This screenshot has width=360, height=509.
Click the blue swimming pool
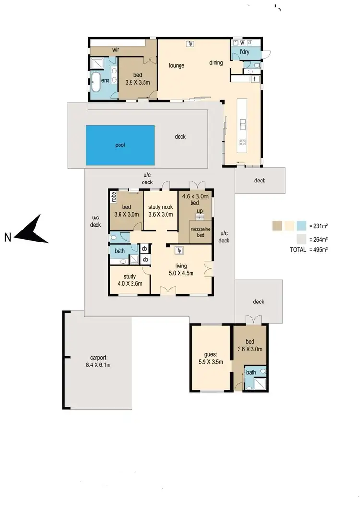click(x=120, y=145)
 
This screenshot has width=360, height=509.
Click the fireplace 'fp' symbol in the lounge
click(x=190, y=44)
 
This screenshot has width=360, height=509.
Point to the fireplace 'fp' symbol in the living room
click(x=179, y=250)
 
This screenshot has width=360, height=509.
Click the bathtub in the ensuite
click(x=96, y=82)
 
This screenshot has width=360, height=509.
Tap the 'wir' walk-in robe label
click(x=116, y=49)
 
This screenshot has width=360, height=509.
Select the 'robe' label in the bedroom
click(x=114, y=196)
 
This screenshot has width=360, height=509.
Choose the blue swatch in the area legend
click(x=301, y=225)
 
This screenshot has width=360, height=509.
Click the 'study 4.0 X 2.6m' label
click(x=130, y=279)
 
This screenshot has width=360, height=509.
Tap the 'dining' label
click(x=216, y=62)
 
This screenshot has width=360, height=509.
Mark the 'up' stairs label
click(x=199, y=211)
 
